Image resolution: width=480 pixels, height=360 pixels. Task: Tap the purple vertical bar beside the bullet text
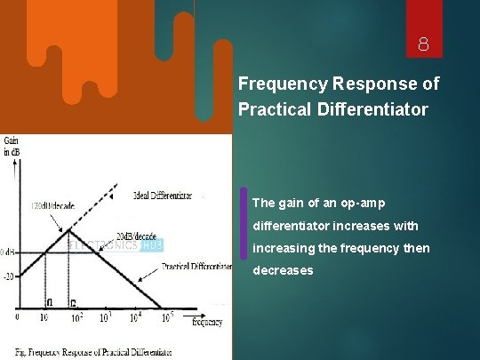click(x=244, y=222)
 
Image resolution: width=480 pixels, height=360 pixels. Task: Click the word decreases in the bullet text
click(x=283, y=270)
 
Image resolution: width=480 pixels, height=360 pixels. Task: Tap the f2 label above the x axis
click(x=73, y=302)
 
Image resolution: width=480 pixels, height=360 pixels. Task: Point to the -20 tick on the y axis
click(x=8, y=276)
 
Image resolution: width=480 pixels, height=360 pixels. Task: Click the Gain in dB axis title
click(x=12, y=146)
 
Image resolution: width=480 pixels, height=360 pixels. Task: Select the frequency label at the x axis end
click(x=207, y=322)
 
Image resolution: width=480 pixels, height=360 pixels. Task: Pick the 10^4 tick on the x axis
click(x=135, y=317)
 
